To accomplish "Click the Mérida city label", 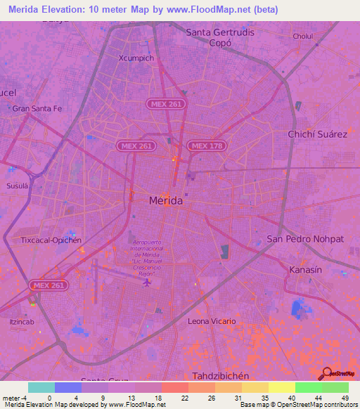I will click(x=166, y=201).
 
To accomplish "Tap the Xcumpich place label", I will click(x=136, y=58).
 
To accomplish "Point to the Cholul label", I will click(x=303, y=36).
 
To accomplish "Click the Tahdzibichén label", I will click(x=221, y=376).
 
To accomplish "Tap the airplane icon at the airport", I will click(x=146, y=283).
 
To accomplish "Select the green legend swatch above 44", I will click(x=308, y=387).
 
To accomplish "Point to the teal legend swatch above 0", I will click(x=41, y=387).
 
